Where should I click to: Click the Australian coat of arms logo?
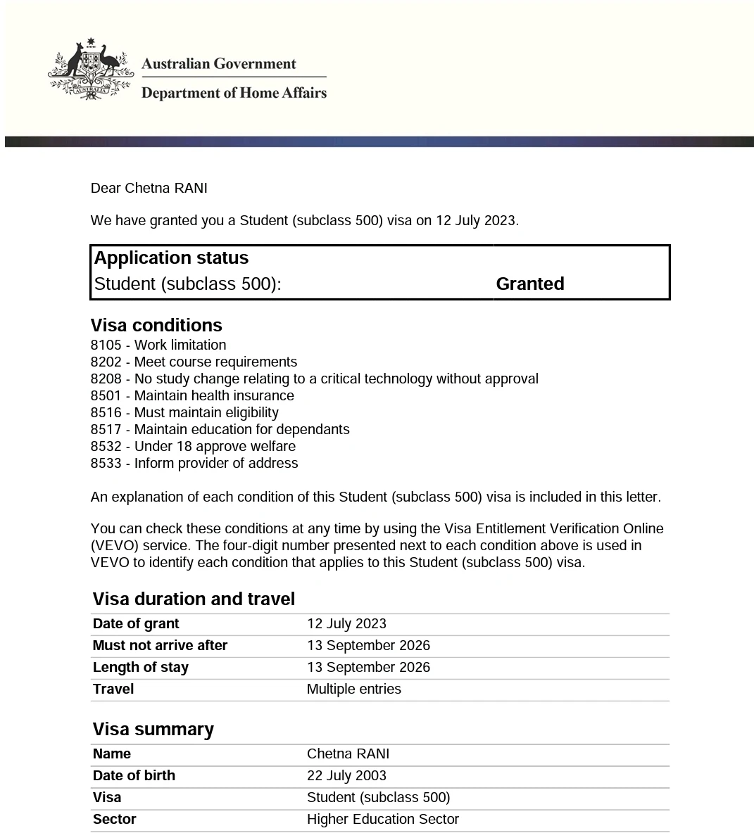(x=90, y=70)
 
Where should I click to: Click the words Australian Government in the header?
(x=218, y=64)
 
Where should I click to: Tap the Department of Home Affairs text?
(x=234, y=93)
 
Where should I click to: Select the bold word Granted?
(x=529, y=284)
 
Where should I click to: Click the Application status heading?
(x=171, y=258)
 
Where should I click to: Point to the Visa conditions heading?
(x=156, y=325)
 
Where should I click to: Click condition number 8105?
(x=106, y=345)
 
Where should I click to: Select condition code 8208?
(x=106, y=379)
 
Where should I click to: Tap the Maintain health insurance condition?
(x=214, y=396)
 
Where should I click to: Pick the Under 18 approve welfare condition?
(x=215, y=447)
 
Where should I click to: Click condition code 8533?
(x=106, y=464)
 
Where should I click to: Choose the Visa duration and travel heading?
(x=194, y=599)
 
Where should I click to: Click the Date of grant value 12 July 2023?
(x=346, y=624)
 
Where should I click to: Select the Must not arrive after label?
(x=160, y=646)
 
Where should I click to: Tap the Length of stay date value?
(x=368, y=668)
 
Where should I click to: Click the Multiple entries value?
(x=353, y=689)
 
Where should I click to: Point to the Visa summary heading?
(x=153, y=729)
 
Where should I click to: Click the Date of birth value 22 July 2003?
(x=346, y=776)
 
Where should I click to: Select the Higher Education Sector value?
(x=382, y=820)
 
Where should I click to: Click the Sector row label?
(x=114, y=820)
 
